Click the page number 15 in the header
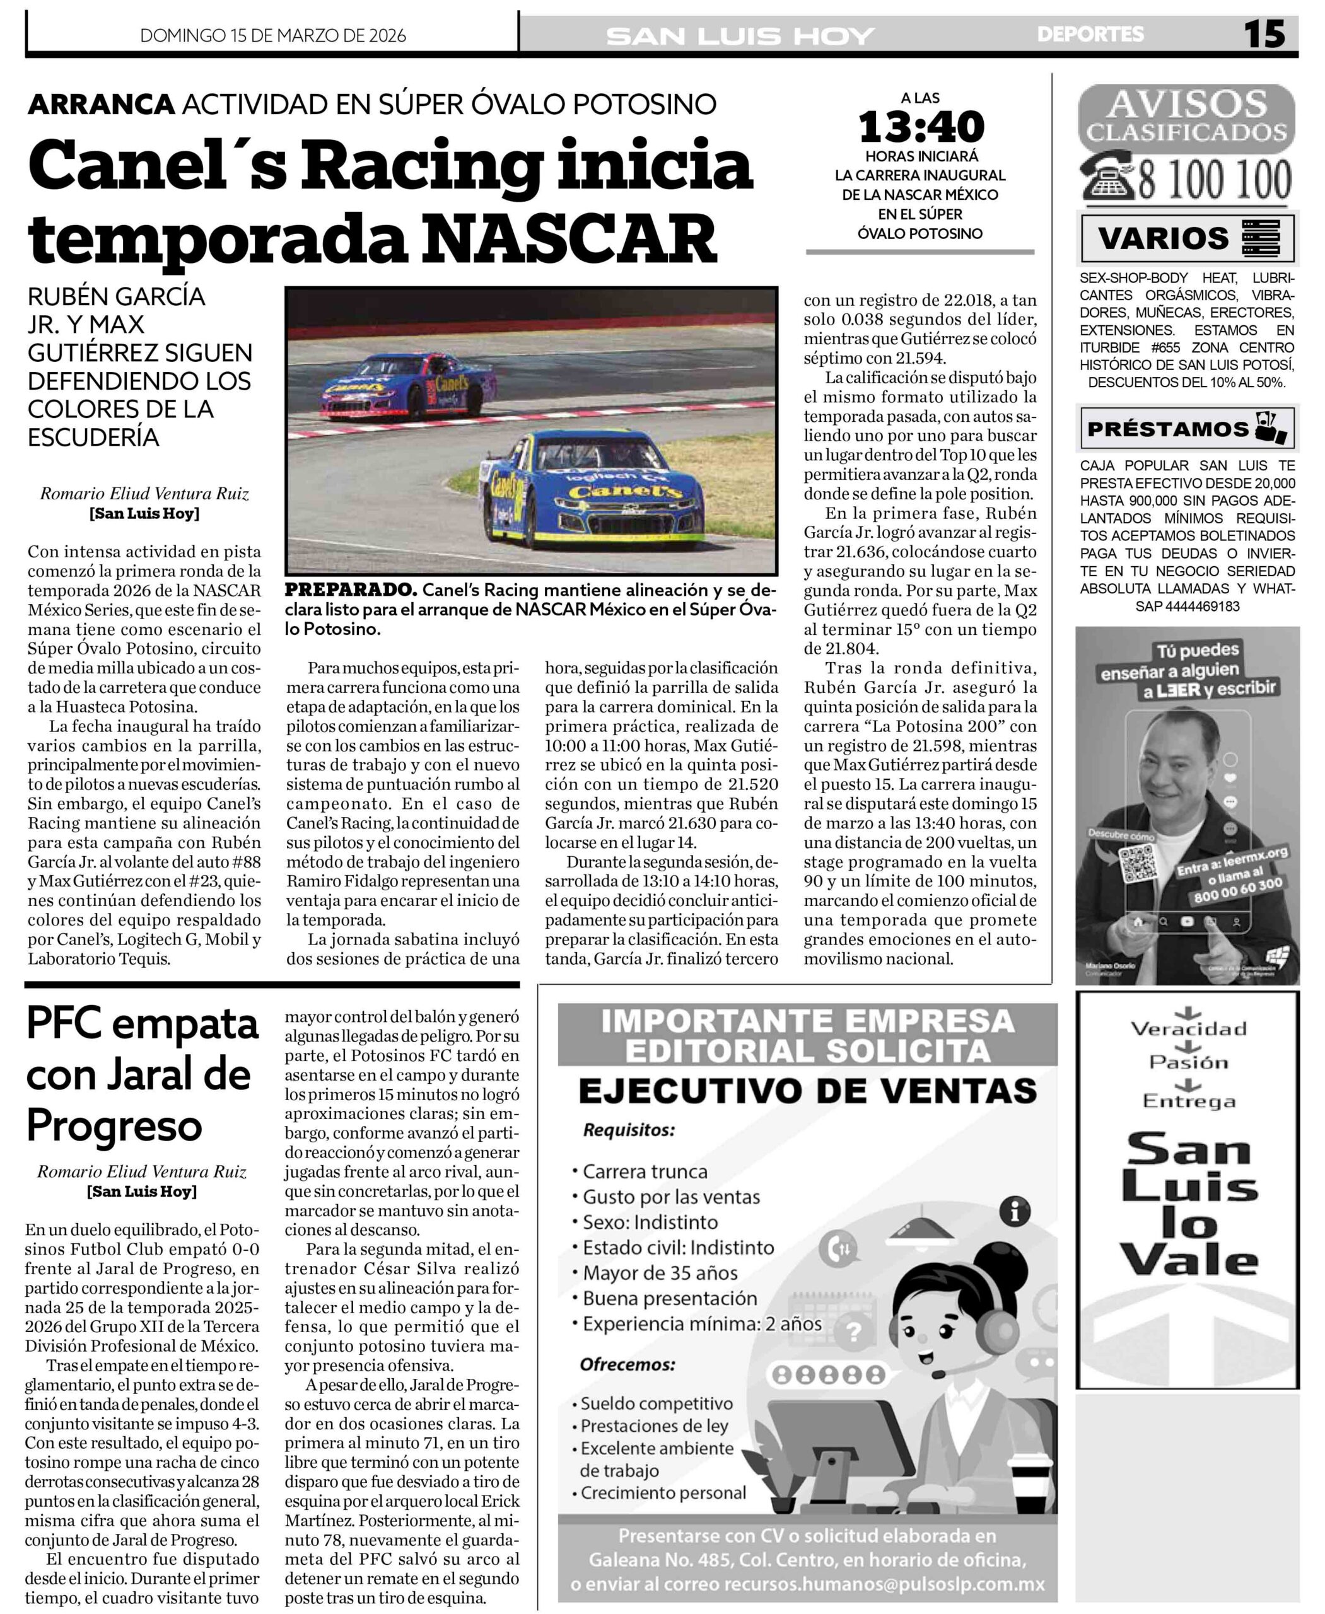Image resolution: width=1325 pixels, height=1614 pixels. point(1264,34)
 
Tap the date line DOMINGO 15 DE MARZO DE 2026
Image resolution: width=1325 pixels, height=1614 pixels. point(273,35)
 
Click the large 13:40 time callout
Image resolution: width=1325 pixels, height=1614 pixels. point(921,127)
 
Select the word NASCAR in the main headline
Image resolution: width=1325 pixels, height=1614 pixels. point(569,239)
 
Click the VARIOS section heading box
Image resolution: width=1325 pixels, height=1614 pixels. point(1187,238)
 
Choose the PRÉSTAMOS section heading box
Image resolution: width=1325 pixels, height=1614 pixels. point(1187,428)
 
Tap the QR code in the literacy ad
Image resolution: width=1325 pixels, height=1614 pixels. point(1137,863)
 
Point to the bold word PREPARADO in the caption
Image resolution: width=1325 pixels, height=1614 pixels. point(351,590)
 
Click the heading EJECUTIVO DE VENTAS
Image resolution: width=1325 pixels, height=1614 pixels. point(807,1091)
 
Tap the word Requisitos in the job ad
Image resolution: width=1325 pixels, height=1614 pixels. point(629,1130)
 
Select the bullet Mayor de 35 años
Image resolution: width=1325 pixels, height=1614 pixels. point(660,1273)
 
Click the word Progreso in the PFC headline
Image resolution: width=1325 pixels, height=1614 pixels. point(115,1125)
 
